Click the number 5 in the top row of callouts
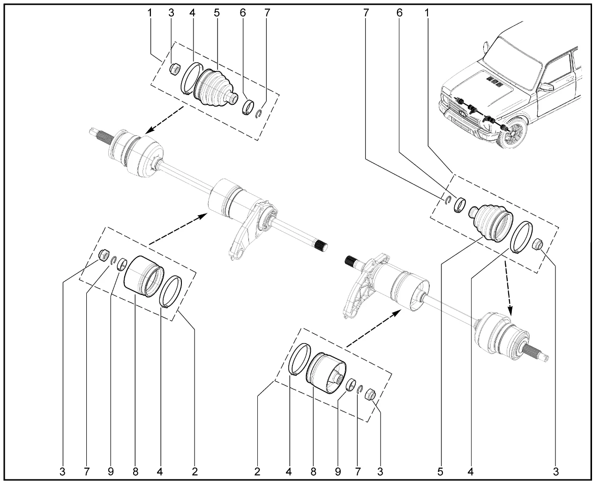[216, 13]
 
